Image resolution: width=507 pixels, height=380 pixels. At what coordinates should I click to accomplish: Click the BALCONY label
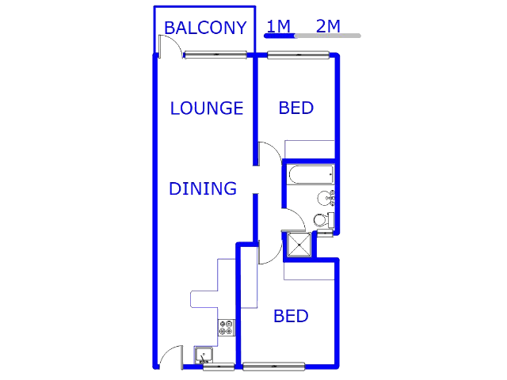(205, 28)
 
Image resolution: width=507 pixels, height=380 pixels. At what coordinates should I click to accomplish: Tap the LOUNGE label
(207, 108)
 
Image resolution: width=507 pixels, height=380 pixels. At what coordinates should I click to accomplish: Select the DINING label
(203, 188)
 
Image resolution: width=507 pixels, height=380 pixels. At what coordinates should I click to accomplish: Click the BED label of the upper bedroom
(295, 108)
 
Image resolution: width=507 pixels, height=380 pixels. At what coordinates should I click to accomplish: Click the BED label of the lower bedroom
(291, 316)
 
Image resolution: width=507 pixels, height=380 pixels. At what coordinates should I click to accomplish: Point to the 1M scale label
(278, 26)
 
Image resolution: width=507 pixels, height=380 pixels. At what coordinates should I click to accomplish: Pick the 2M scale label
(328, 26)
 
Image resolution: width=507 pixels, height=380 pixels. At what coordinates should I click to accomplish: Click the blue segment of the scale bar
(280, 36)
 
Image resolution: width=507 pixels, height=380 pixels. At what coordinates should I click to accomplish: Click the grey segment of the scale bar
(327, 36)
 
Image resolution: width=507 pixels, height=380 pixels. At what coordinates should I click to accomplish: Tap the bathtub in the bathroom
(311, 175)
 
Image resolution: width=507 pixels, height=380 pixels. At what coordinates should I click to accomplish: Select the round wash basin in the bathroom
(324, 198)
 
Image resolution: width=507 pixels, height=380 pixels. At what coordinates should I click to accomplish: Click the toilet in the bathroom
(324, 220)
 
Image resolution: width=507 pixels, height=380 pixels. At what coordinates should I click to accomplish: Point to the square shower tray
(299, 245)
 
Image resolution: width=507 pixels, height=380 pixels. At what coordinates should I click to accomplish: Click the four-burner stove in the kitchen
(227, 327)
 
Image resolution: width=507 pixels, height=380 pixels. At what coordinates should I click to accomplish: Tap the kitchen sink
(204, 355)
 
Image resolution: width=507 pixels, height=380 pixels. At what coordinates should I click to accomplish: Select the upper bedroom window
(299, 55)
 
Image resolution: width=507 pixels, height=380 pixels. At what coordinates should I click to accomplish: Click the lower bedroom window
(273, 367)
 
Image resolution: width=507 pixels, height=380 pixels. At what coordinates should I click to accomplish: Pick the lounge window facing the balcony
(215, 55)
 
